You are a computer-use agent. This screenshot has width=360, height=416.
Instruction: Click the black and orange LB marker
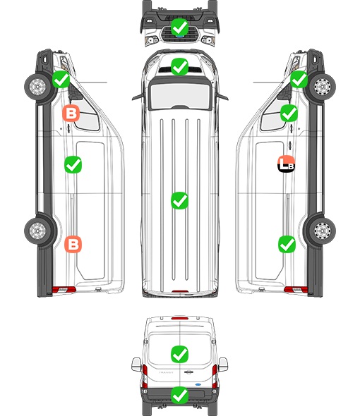tap(286, 164)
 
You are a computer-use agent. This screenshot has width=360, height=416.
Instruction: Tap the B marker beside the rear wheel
tap(73, 244)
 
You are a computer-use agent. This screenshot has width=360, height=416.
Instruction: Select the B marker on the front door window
tap(71, 114)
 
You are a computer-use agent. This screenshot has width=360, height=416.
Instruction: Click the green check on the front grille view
tap(179, 27)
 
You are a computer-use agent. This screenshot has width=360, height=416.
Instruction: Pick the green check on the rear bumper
tap(179, 396)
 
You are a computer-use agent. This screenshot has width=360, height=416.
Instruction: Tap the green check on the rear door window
tap(179, 354)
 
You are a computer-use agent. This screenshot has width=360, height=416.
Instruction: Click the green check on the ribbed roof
tap(179, 200)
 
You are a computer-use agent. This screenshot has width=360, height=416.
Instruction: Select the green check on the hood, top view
tap(179, 66)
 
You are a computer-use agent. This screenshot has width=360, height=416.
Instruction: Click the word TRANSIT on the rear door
tap(166, 372)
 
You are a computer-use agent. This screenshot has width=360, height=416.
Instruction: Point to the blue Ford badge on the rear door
tap(198, 384)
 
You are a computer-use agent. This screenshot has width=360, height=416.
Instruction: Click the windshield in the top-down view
tap(180, 95)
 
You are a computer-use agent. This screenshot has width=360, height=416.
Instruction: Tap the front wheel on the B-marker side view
tap(37, 86)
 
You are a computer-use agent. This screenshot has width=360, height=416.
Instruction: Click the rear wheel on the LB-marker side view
tap(322, 231)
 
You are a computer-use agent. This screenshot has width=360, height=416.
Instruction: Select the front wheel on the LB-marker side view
tap(323, 86)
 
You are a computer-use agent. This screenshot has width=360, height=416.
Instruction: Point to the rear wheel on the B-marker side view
tap(37, 231)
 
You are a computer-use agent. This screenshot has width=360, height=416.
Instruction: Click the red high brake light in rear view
tap(180, 318)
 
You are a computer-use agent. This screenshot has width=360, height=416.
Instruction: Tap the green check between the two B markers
tap(73, 165)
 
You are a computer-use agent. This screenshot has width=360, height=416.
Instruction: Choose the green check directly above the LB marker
tap(289, 114)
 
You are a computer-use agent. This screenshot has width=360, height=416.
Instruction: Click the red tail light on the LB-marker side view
tap(296, 290)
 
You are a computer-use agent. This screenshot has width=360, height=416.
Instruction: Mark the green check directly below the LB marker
tap(287, 244)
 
